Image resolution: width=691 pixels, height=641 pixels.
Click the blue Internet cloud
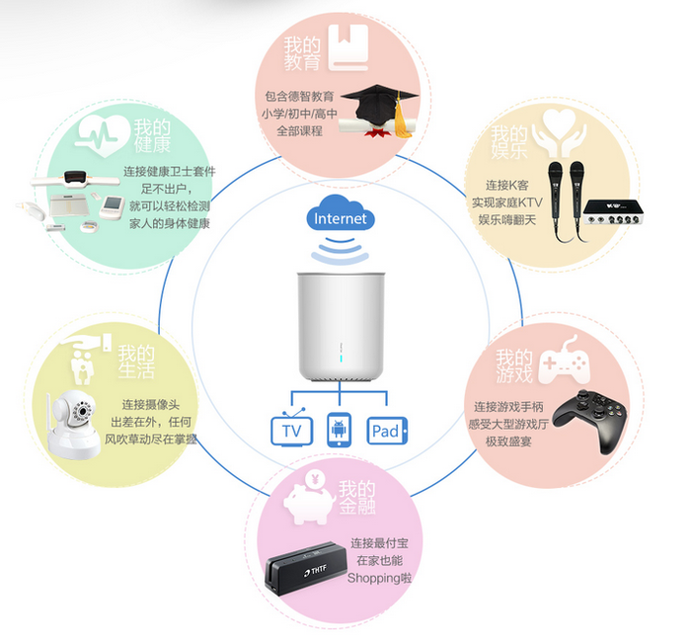[x=341, y=213]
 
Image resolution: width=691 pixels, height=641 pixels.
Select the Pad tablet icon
[x=387, y=431]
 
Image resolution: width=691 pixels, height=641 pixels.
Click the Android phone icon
[x=339, y=430]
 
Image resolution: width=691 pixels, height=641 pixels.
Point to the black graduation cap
[x=379, y=105]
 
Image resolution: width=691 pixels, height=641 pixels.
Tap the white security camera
[x=73, y=424]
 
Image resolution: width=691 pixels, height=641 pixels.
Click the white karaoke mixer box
[x=613, y=212]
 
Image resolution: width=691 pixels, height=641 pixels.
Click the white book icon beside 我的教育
[x=348, y=47]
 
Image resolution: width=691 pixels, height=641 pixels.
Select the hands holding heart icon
[x=560, y=132]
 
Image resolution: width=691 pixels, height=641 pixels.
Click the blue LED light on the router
[x=342, y=358]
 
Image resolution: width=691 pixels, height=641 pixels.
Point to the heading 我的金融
[x=357, y=497]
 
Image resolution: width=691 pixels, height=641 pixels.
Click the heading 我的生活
[x=136, y=361]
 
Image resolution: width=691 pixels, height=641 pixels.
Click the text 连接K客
[x=506, y=185]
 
